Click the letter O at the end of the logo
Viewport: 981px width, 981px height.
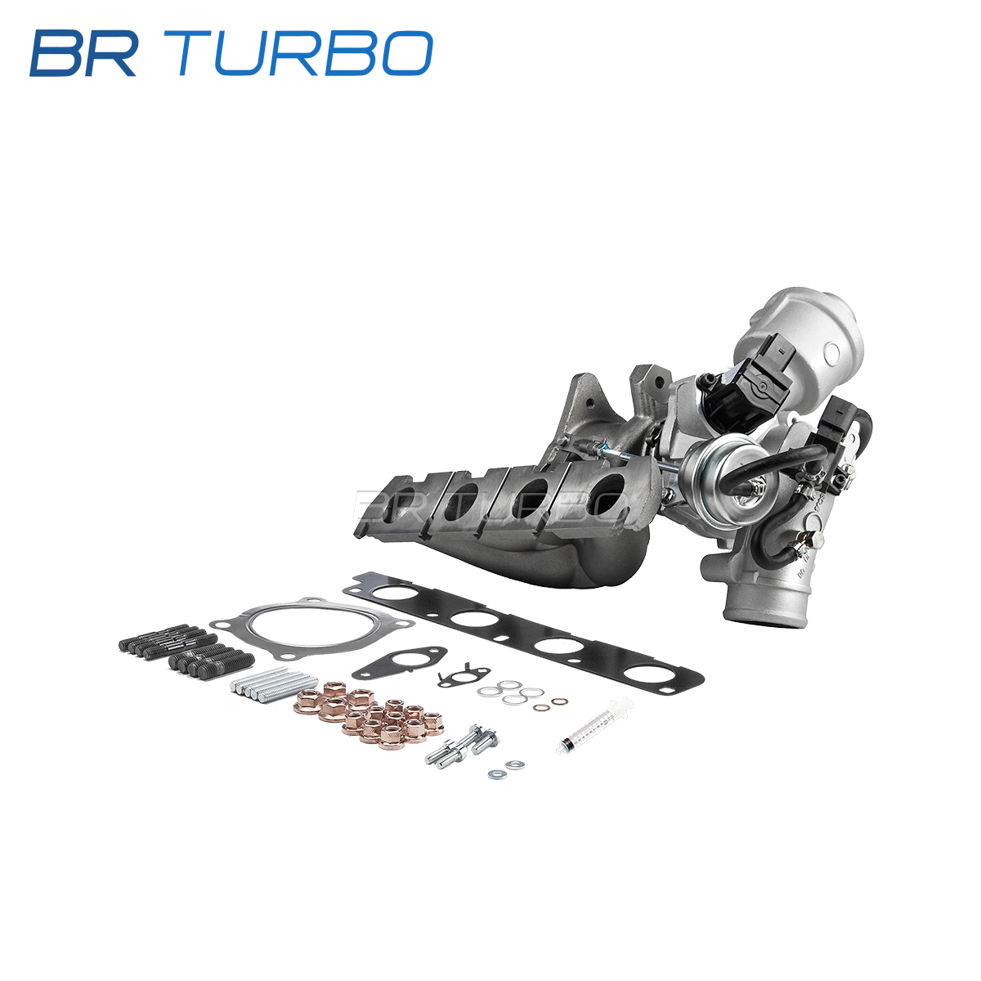[405, 53]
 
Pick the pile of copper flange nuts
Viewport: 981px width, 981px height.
[370, 714]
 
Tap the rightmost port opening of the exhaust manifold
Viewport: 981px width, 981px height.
[607, 493]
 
